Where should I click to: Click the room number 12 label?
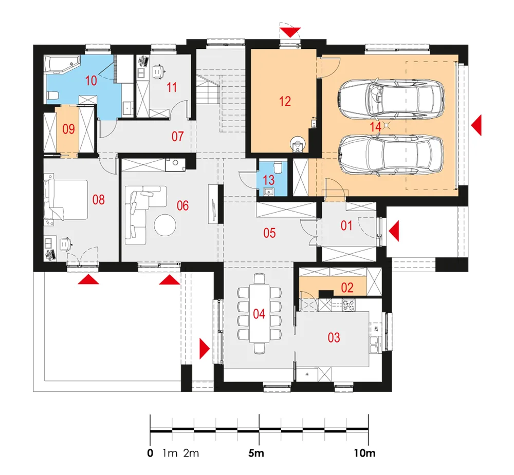point(285,101)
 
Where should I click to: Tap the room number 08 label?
point(98,199)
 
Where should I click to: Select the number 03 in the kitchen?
point(334,337)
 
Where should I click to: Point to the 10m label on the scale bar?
point(364,453)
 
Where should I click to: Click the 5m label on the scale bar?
point(256,453)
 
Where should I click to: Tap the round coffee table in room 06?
point(165,225)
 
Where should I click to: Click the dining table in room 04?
point(259,313)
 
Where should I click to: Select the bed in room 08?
point(66,199)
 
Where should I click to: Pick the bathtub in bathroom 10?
point(62,64)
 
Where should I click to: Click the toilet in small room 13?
point(278,167)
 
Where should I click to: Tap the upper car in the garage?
point(391,98)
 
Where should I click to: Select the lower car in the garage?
point(391,155)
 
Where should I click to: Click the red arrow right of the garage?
point(476,125)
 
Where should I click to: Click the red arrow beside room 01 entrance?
point(394,231)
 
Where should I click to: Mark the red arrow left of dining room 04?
point(205,349)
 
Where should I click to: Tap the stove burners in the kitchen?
point(349,306)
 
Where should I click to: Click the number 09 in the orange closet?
point(68,129)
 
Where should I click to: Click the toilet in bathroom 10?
point(53,96)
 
